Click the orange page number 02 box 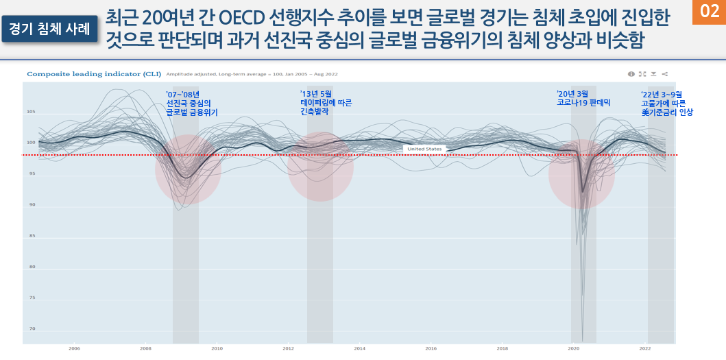709,12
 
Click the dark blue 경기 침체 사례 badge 50,27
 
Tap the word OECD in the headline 255,15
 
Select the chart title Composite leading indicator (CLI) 93,73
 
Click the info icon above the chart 631,73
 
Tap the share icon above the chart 665,73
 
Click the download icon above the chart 653,73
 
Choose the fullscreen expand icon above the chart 642,73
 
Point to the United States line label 424,149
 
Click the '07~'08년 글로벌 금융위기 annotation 192,104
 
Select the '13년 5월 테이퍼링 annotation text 326,102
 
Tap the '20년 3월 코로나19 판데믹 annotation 583,98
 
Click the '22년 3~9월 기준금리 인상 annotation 666,103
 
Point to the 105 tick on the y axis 31,111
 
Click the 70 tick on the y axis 32,329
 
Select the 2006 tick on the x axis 74,348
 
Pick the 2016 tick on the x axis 431,348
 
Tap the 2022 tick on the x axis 645,348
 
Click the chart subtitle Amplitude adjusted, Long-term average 252,74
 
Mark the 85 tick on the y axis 32,236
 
